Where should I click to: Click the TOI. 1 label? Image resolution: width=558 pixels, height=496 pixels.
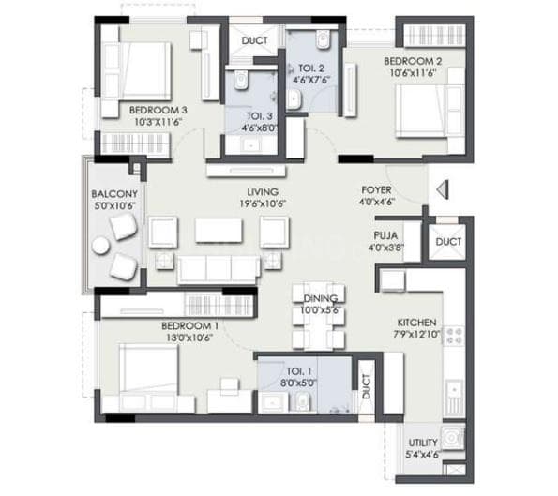288,369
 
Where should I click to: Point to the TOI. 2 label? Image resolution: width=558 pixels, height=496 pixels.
312,68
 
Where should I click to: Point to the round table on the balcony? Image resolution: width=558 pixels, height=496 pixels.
100,247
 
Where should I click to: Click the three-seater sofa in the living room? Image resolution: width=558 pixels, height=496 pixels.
219,268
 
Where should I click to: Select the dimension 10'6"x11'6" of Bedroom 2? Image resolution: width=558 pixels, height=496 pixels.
414,74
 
